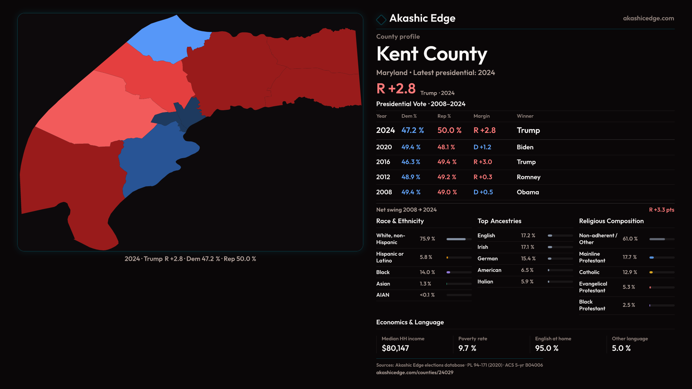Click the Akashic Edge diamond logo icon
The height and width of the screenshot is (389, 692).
pos(381,19)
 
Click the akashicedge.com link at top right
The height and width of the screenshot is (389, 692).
pos(648,18)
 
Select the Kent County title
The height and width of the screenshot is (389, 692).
pos(431,54)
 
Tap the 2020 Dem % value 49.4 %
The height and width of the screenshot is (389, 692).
pos(411,147)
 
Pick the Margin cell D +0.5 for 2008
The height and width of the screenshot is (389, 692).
pos(483,192)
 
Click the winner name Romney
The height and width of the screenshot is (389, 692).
pos(528,177)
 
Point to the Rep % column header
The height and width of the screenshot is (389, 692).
pos(444,116)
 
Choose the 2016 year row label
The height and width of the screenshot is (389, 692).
pos(383,162)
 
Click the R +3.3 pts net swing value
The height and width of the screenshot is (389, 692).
pos(661,210)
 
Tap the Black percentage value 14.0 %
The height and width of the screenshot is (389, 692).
pos(427,272)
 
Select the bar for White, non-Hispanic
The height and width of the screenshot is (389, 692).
pos(459,239)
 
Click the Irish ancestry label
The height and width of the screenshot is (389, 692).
pos(483,247)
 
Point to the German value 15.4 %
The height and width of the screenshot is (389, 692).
pos(528,259)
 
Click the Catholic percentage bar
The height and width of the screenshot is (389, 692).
pos(662,272)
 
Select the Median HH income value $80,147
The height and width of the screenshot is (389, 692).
pos(395,348)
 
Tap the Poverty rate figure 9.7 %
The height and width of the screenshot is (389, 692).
pos(467,348)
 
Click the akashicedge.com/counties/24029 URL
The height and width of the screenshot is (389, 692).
pos(414,373)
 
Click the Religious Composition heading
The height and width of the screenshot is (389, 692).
pos(611,221)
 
